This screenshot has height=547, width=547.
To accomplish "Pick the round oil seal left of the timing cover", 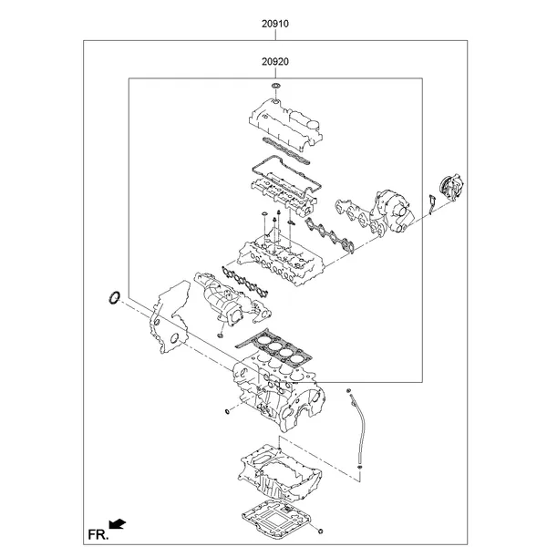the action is (115, 296).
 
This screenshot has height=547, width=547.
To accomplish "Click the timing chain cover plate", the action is (168, 315).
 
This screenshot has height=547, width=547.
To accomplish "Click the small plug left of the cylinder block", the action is (224, 413).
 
